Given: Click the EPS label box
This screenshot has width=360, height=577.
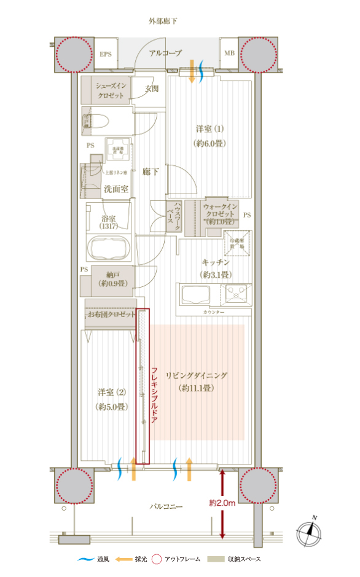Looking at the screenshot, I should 105,54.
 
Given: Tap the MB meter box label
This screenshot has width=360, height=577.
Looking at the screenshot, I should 229,54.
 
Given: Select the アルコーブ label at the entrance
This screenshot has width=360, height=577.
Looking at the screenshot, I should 165,53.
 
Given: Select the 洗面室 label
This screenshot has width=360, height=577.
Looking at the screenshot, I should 115,189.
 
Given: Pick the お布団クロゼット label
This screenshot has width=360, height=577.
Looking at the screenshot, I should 111,315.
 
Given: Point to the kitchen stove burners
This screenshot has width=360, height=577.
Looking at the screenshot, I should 236,294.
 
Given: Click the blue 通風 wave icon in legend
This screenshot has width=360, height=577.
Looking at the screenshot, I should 85,559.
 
